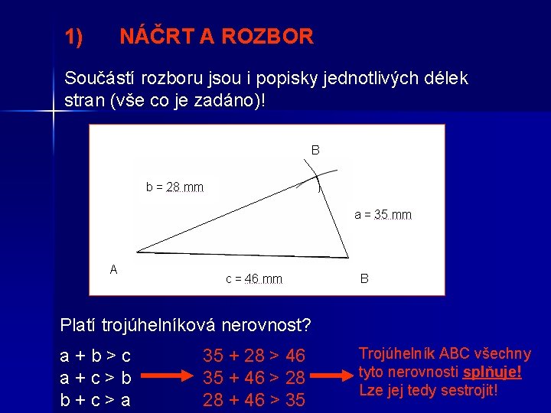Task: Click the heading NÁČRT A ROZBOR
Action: pos(217,36)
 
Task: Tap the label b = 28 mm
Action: pos(174,187)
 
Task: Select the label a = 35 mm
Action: pos(383,215)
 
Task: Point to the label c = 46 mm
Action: pos(253,279)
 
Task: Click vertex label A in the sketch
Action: pos(113,269)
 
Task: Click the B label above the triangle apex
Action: pos(315,150)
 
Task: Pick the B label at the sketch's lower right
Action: pos(364,279)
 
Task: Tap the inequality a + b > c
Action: pos(95,356)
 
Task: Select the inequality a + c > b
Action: pos(95,377)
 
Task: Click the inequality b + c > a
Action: pos(95,398)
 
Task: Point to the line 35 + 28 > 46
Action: pos(253,356)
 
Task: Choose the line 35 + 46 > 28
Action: pos(253,377)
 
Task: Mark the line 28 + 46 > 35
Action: pos(253,398)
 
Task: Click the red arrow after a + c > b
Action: pos(165,377)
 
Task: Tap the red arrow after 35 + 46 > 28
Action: pos(334,377)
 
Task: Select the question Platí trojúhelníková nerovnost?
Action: pos(185,325)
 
